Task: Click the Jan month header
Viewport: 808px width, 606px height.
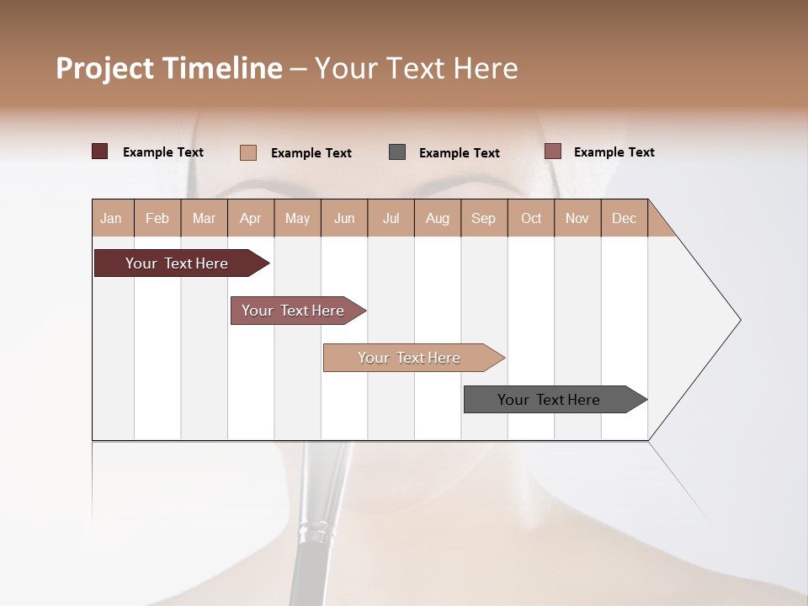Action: click(112, 218)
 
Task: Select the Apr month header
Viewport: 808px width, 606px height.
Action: click(251, 218)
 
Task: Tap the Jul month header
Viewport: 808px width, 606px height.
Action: click(391, 218)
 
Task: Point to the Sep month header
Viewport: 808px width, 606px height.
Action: click(484, 218)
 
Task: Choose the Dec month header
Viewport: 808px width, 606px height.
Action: click(624, 218)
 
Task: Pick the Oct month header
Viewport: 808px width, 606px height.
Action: click(531, 218)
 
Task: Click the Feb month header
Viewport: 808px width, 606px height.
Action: click(157, 218)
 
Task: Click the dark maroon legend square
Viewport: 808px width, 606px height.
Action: click(99, 151)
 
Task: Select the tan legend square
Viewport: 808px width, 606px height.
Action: click(248, 152)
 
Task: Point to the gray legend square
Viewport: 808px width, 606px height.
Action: click(397, 152)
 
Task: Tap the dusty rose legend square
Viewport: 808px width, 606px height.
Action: click(552, 151)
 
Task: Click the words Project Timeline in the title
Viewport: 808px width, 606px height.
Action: click(168, 68)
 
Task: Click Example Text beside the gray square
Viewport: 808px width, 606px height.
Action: click(459, 153)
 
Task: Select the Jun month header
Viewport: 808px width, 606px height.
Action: click(344, 218)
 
